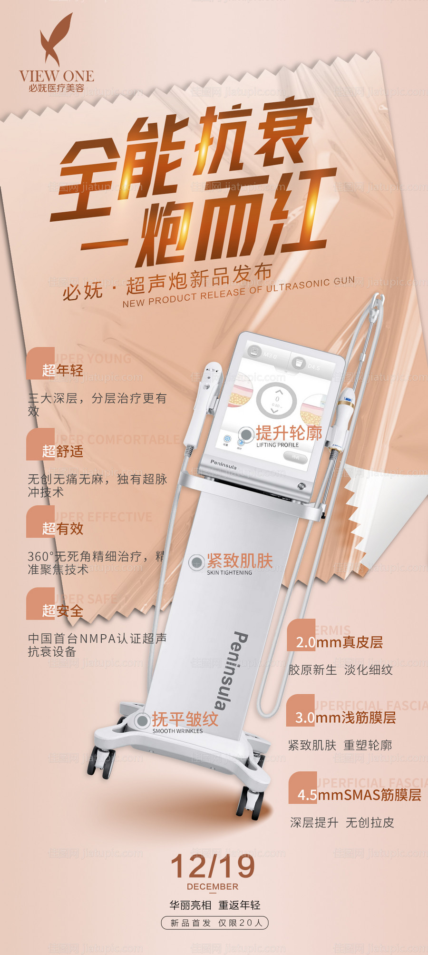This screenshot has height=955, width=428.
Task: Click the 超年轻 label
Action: click(62, 370)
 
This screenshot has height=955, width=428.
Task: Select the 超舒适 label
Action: click(62, 451)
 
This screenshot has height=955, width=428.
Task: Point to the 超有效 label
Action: click(62, 528)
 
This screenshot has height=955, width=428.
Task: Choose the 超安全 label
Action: click(62, 610)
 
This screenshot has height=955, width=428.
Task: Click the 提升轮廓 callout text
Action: click(289, 433)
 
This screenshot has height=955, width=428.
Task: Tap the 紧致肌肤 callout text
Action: click(239, 561)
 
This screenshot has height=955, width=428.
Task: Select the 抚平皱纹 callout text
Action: click(185, 719)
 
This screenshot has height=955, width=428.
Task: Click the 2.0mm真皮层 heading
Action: click(339, 642)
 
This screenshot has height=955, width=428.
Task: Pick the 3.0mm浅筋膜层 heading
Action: click(345, 718)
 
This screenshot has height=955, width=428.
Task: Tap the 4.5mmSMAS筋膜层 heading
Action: click(359, 795)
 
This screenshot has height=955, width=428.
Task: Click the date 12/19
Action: click(213, 866)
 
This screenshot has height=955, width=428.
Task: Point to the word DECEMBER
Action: click(213, 886)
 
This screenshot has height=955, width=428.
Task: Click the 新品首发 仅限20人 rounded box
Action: click(215, 923)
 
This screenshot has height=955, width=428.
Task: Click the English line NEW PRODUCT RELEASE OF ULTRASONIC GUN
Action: click(238, 292)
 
